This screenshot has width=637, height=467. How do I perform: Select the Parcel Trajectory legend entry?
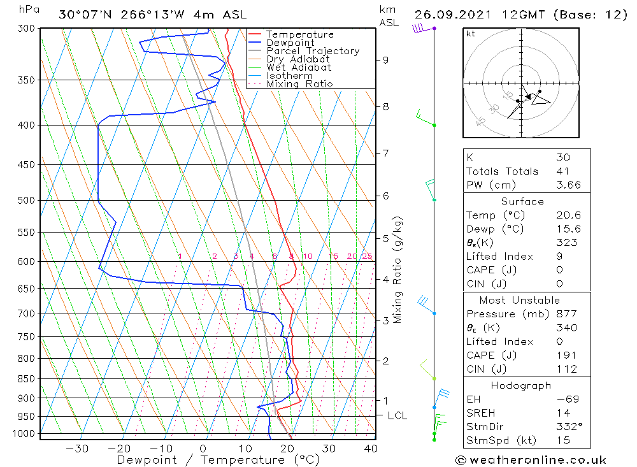(x=313, y=51)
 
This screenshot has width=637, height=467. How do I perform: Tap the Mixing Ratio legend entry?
(x=299, y=84)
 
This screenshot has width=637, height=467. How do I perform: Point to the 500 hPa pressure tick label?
(x=26, y=200)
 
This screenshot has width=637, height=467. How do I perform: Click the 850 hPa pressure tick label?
(x=26, y=378)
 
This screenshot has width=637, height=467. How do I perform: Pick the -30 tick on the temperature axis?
(x=77, y=449)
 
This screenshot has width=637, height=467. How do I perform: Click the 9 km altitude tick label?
(x=385, y=60)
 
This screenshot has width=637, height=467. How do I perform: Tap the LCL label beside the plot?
(x=397, y=415)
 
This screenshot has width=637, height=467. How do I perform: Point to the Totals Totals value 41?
(x=562, y=171)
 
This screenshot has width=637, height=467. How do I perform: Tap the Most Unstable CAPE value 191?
(x=566, y=356)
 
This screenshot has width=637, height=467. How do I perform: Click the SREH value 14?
(x=561, y=413)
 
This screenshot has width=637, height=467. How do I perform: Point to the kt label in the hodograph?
(x=471, y=34)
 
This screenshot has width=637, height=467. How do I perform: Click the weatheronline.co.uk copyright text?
(x=531, y=459)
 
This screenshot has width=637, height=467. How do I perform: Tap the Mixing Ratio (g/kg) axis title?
(x=398, y=270)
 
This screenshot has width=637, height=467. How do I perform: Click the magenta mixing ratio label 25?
(x=367, y=256)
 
